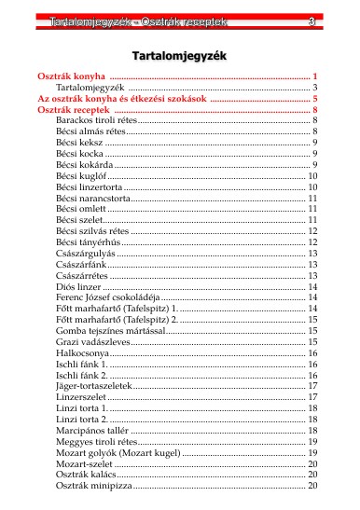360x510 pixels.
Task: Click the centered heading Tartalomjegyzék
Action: click(x=179, y=55)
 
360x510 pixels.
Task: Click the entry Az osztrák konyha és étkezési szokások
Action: click(x=120, y=98)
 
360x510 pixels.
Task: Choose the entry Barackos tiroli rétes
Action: click(x=96, y=121)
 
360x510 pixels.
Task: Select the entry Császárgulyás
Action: click(x=85, y=253)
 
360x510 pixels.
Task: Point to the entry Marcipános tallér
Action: click(x=90, y=419)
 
